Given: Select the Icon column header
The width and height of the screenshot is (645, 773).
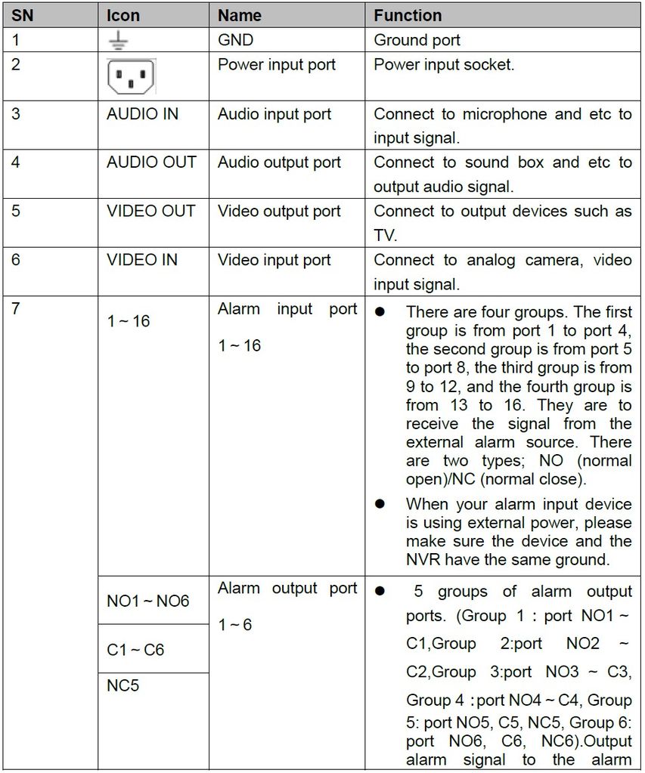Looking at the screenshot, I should [123, 15].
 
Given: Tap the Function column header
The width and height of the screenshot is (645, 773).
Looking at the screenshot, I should [408, 15].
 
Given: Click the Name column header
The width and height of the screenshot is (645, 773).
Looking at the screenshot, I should [239, 15].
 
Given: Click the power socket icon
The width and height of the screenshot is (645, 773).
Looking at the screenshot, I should [131, 76].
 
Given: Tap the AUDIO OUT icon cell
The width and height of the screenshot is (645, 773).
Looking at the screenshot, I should [151, 162].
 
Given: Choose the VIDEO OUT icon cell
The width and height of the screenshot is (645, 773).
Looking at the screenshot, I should [150, 212].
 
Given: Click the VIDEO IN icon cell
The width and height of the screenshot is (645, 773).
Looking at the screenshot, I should [142, 260].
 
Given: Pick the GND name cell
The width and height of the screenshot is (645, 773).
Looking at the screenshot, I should [235, 40].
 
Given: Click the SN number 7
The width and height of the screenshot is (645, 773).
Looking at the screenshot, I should [16, 309].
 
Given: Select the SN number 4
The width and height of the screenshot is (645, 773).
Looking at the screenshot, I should [16, 162].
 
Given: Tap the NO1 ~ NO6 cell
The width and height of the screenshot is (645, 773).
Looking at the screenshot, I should [147, 601].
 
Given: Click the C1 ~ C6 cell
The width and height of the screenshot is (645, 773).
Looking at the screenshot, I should [135, 650].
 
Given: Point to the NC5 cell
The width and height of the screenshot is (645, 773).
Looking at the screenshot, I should [122, 686].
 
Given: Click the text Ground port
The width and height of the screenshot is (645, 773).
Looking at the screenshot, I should [417, 40].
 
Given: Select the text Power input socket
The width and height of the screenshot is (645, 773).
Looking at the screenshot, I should [444, 65].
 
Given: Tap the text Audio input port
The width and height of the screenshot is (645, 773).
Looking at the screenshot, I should [274, 115].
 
